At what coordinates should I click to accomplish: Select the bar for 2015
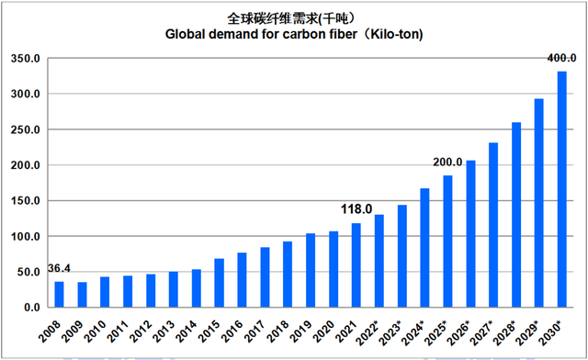(220, 283)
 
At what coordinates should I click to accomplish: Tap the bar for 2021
(356, 265)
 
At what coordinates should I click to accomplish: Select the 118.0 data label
(358, 209)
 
